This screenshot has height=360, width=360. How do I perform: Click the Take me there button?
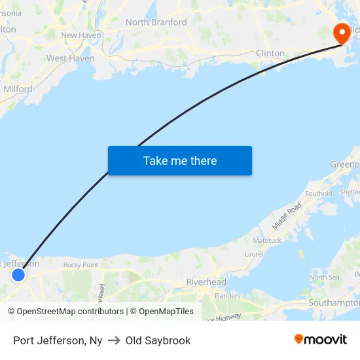click(179, 160)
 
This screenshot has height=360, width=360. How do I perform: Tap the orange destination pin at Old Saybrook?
click(342, 33)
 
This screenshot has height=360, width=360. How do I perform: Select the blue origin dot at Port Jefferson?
click(18, 275)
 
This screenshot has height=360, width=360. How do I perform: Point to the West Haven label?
click(70, 58)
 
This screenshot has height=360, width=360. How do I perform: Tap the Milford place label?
click(18, 89)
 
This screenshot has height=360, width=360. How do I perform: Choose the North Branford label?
click(156, 22)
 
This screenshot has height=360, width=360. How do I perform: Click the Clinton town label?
click(270, 53)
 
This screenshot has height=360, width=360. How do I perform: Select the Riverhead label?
click(206, 282)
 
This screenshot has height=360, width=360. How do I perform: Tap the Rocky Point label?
click(81, 265)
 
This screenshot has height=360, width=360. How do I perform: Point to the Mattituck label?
click(267, 240)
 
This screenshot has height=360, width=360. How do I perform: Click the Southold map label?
click(318, 194)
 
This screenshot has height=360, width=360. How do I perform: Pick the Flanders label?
click(227, 296)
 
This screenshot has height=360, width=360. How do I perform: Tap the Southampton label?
click(334, 303)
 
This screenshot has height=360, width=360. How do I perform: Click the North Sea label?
click(323, 278)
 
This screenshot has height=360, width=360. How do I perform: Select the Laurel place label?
click(254, 254)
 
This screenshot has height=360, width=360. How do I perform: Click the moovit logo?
click(321, 340)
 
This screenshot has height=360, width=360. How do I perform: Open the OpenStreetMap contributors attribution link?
click(70, 312)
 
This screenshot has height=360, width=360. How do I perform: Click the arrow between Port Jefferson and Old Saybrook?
click(114, 340)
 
